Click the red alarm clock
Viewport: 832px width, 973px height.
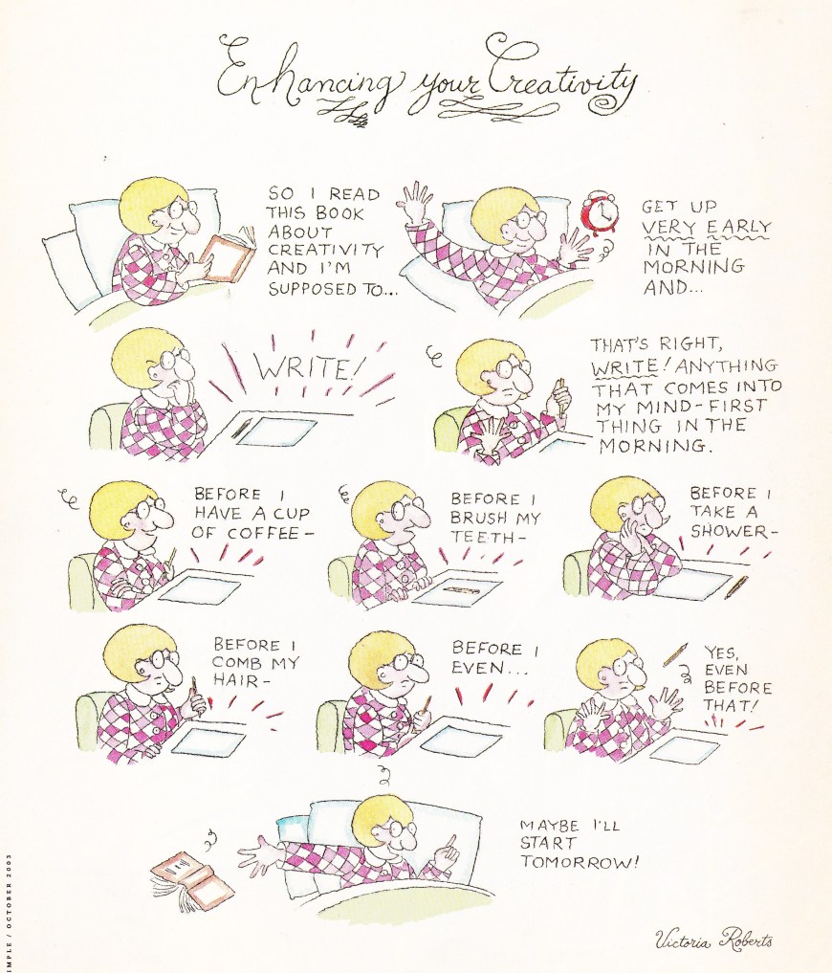(x=600, y=215)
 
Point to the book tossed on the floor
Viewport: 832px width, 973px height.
(x=192, y=878)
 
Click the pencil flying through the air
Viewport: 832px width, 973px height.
(x=675, y=654)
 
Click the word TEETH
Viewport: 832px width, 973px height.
(x=481, y=537)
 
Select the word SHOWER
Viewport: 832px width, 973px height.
(x=729, y=531)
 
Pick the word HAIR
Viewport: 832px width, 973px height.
(x=235, y=680)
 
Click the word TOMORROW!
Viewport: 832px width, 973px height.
(x=579, y=862)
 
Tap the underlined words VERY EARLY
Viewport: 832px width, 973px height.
(x=706, y=227)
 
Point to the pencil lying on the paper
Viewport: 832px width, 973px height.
(x=460, y=589)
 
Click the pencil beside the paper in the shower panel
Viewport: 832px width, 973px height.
(x=736, y=587)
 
